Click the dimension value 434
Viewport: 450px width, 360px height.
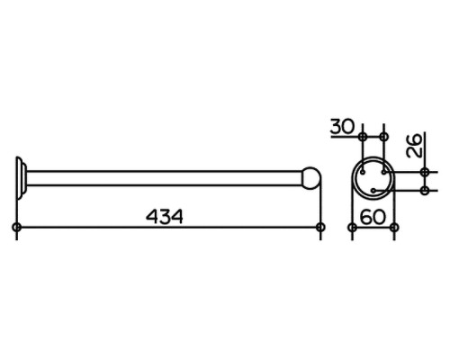click(x=165, y=216)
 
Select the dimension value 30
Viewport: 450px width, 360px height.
click(x=342, y=126)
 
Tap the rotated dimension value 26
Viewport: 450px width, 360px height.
click(x=414, y=146)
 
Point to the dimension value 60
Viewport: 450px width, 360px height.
click(x=373, y=217)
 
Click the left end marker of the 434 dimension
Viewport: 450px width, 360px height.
click(x=17, y=227)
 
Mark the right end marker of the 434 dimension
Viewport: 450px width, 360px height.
click(x=320, y=227)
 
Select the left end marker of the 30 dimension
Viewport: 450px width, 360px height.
click(x=363, y=137)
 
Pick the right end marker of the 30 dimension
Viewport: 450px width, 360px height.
click(x=383, y=137)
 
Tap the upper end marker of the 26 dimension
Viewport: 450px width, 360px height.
click(x=425, y=173)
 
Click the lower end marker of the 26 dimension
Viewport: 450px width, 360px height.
click(x=425, y=190)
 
